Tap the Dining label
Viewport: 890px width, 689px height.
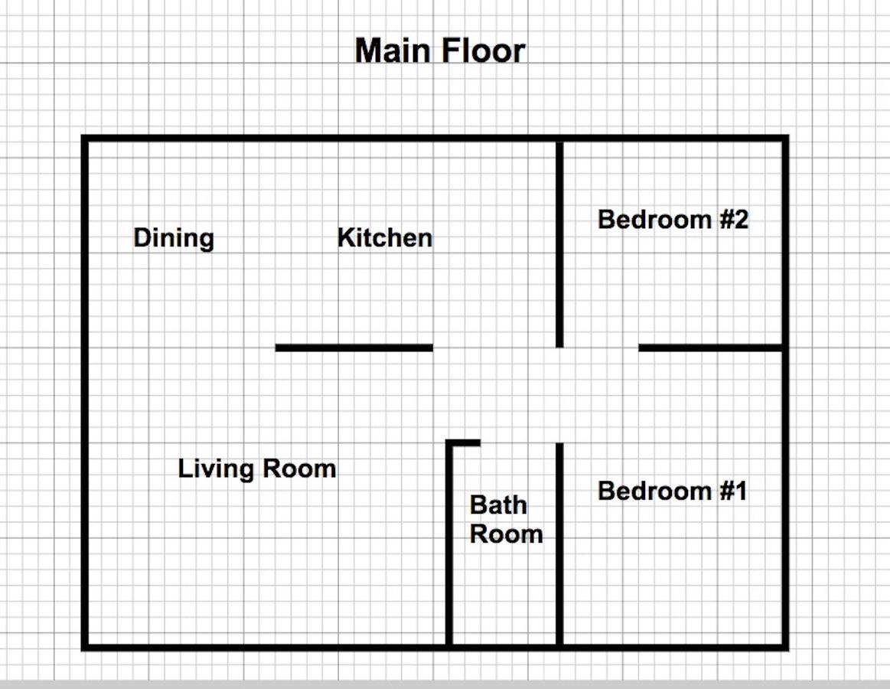tap(174, 238)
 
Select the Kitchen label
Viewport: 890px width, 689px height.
tap(385, 238)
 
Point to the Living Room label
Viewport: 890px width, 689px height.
tap(257, 469)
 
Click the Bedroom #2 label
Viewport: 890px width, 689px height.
tap(673, 220)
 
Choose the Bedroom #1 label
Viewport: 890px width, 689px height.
tap(672, 491)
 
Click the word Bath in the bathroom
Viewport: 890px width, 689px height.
tap(498, 505)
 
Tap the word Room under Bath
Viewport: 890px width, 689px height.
tap(506, 534)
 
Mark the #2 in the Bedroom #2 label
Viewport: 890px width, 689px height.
tap(733, 220)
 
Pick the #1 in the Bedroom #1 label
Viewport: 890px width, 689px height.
tap(732, 491)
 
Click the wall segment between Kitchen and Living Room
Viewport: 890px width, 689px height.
tap(354, 348)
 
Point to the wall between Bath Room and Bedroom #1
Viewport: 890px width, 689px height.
tap(559, 544)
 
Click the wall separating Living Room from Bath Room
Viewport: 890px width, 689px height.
tap(449, 544)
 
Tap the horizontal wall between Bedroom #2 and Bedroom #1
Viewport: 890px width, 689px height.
tap(710, 348)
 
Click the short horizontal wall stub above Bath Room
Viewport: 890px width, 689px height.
tap(465, 442)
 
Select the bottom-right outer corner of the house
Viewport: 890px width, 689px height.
tap(785, 648)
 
